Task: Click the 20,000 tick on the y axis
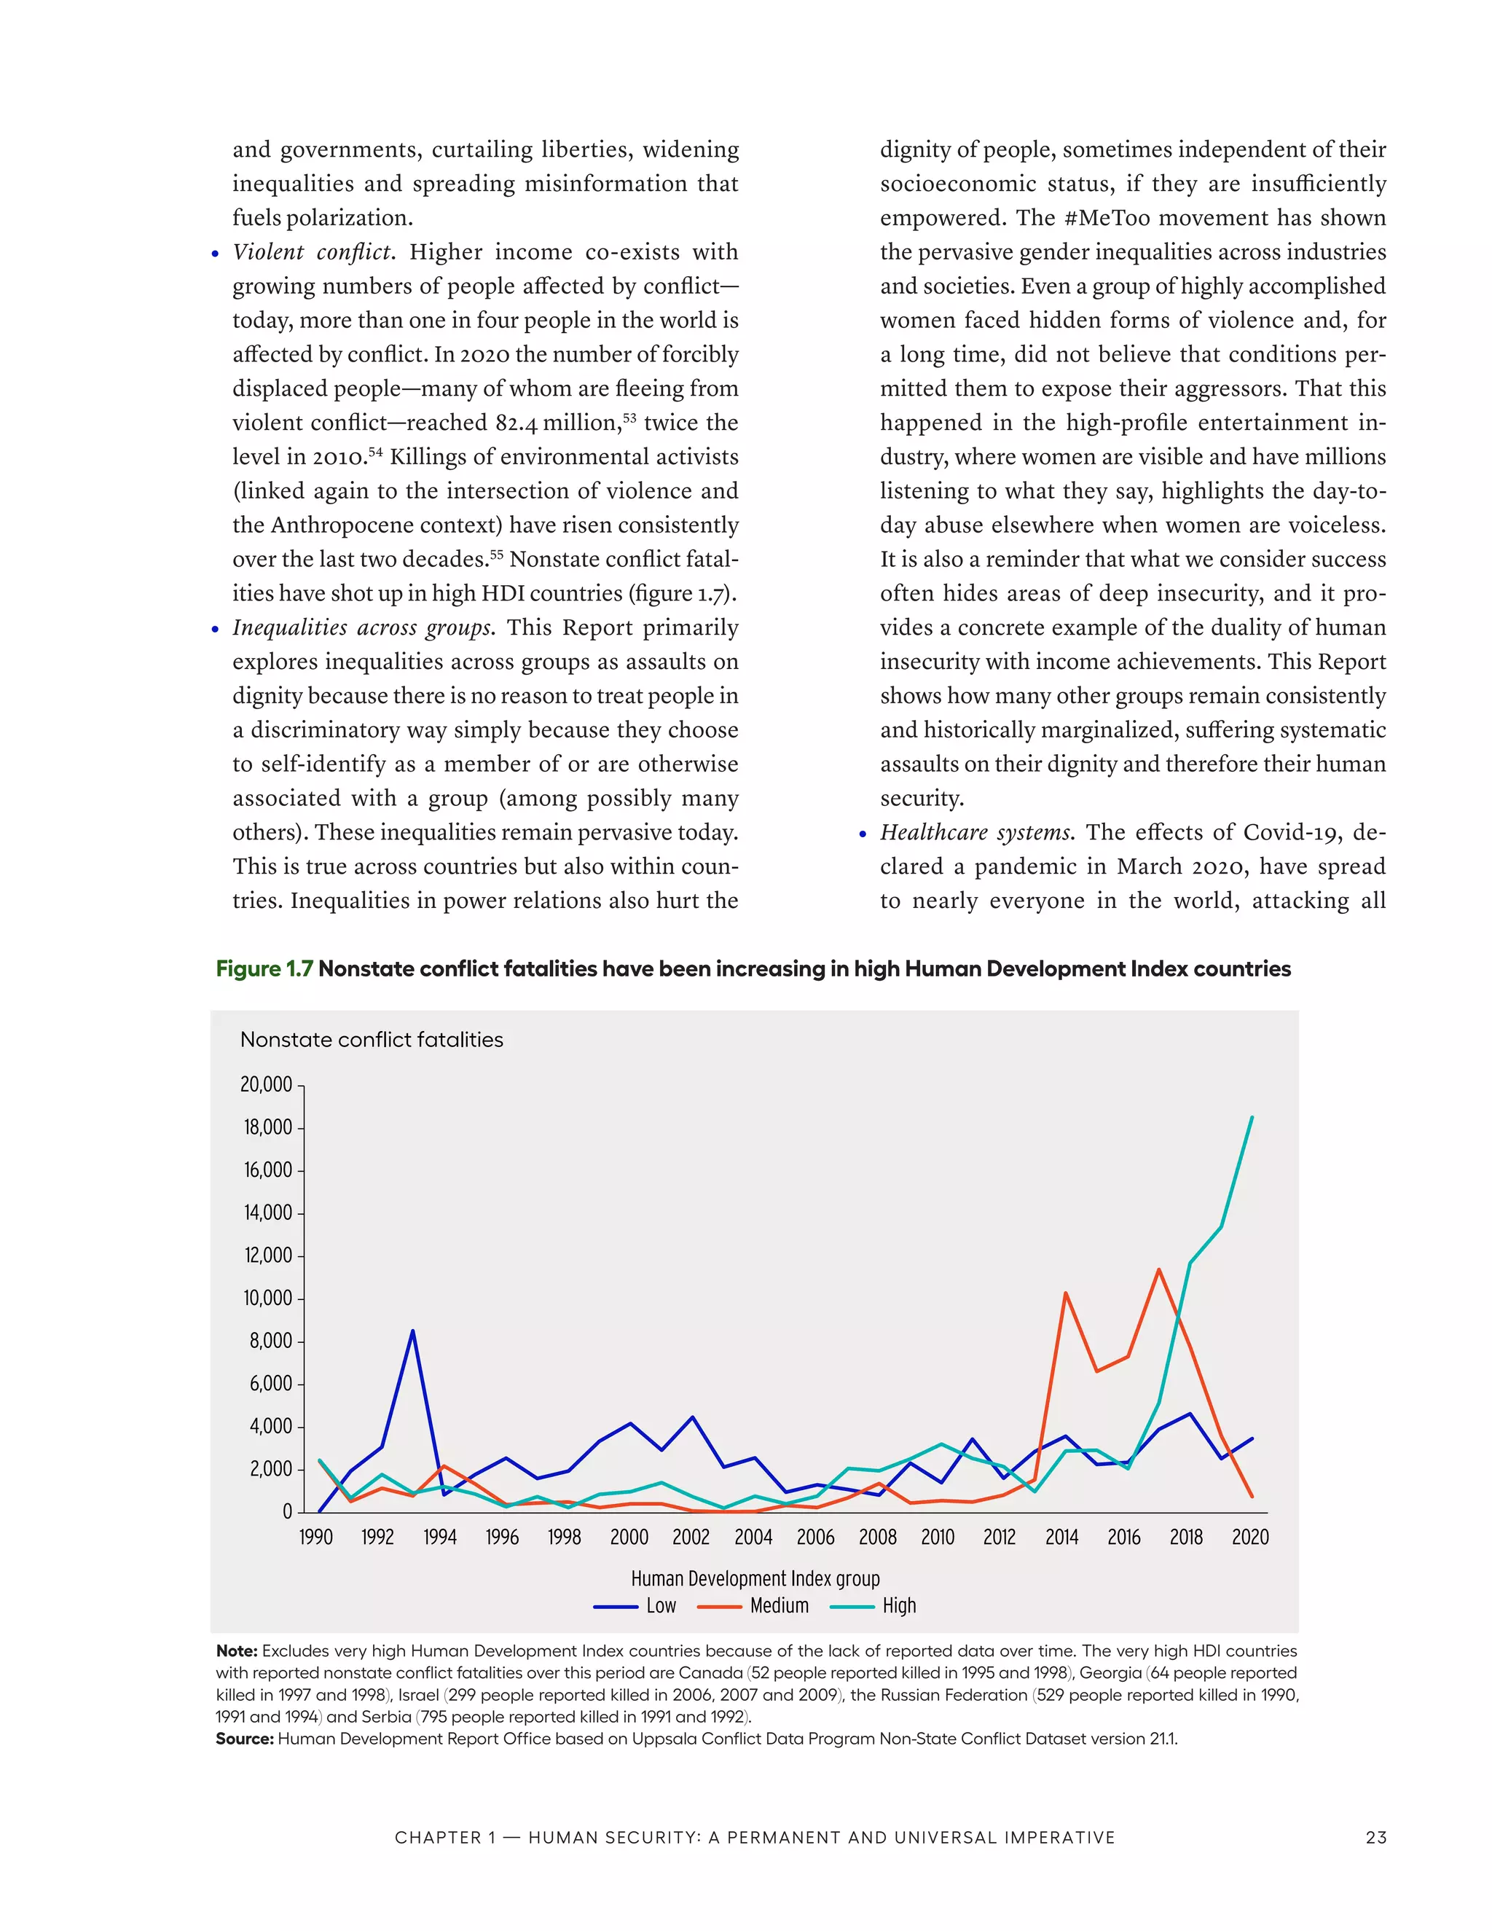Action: [266, 1084]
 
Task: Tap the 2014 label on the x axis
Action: [1061, 1537]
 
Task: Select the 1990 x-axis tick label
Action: [315, 1537]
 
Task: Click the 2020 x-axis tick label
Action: [1250, 1537]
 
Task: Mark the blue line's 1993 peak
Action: [412, 1331]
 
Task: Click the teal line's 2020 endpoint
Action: [1252, 1118]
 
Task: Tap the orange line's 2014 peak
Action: [1065, 1293]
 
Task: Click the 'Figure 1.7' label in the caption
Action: [264, 968]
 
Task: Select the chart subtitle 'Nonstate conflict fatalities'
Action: [372, 1040]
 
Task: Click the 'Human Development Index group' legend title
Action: [755, 1578]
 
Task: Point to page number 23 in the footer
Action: [1375, 1837]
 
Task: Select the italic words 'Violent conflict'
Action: [311, 252]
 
